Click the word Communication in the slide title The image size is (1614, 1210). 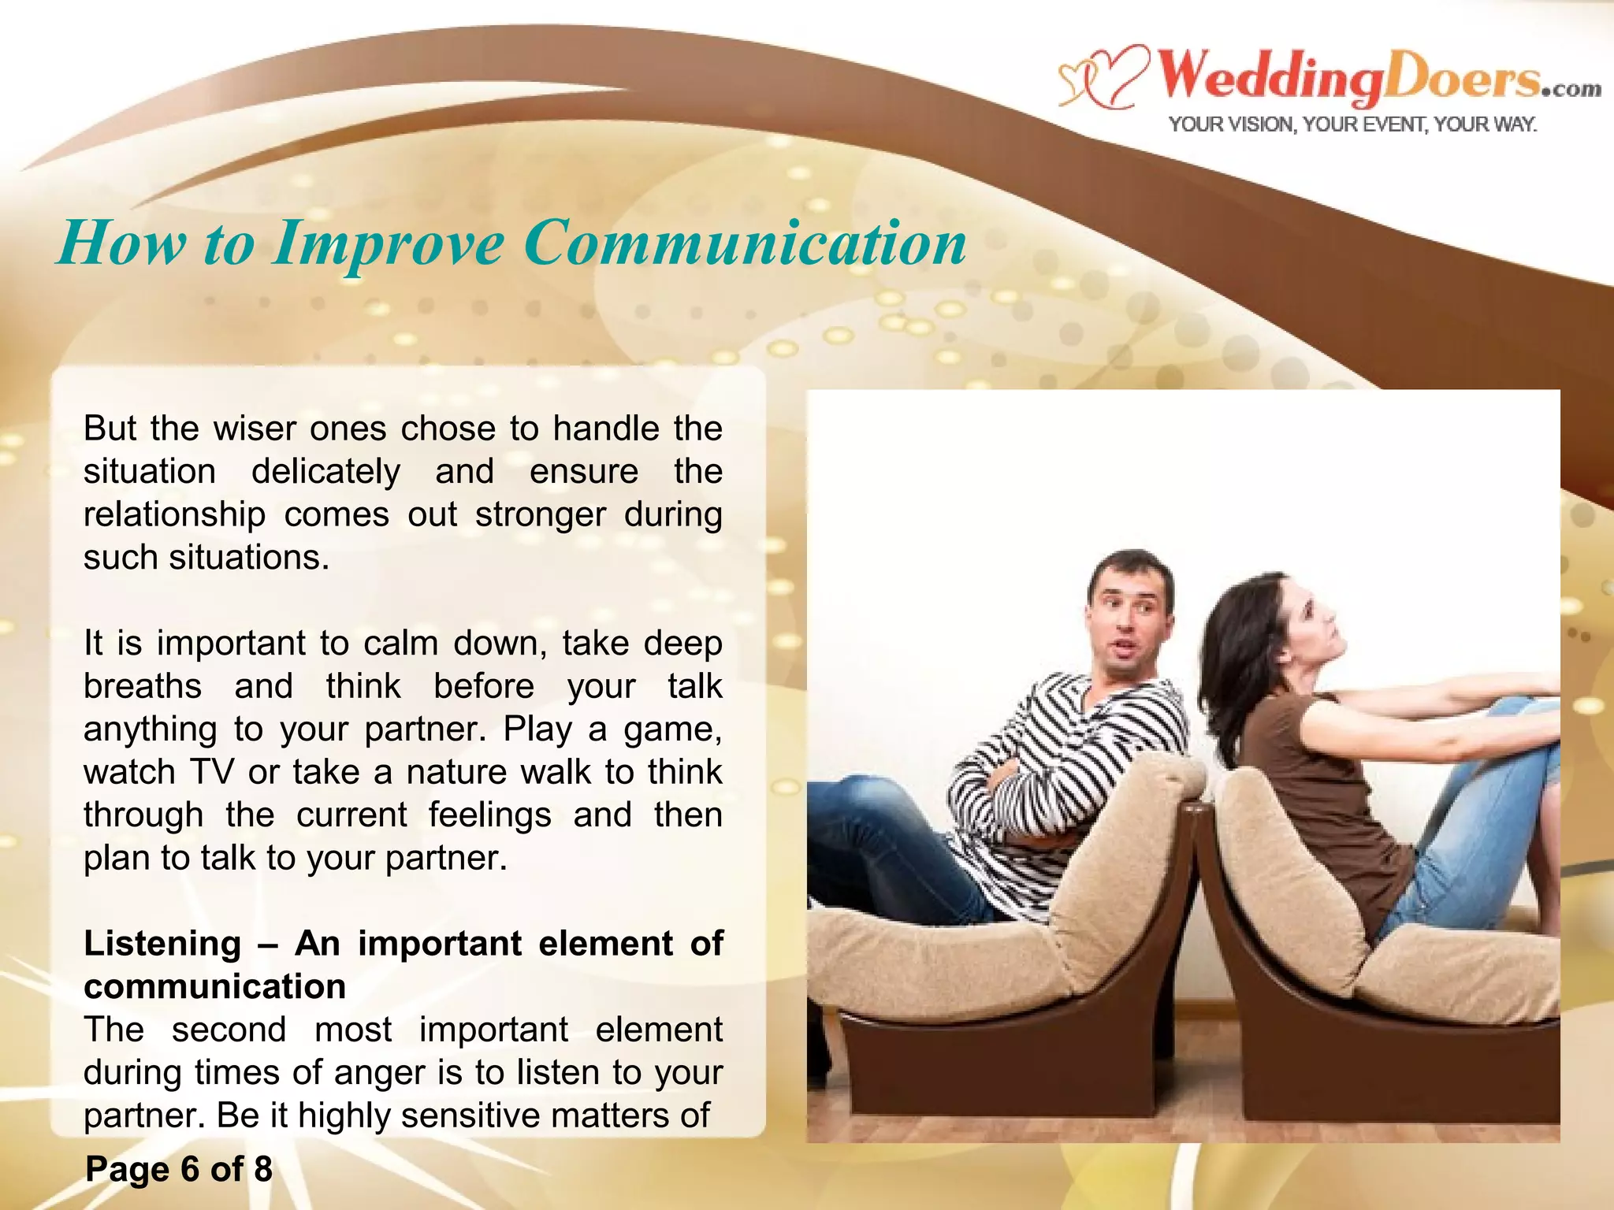tap(745, 243)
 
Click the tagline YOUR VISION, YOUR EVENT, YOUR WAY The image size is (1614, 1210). tap(1352, 124)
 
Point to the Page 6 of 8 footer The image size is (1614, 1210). tap(179, 1168)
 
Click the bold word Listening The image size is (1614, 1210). tap(162, 943)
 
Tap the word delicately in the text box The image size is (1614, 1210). tap(325, 471)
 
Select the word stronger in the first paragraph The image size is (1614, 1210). tap(539, 514)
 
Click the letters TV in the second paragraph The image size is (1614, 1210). tap(211, 772)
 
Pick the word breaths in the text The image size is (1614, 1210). tap(143, 686)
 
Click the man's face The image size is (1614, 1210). tap(1129, 618)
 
